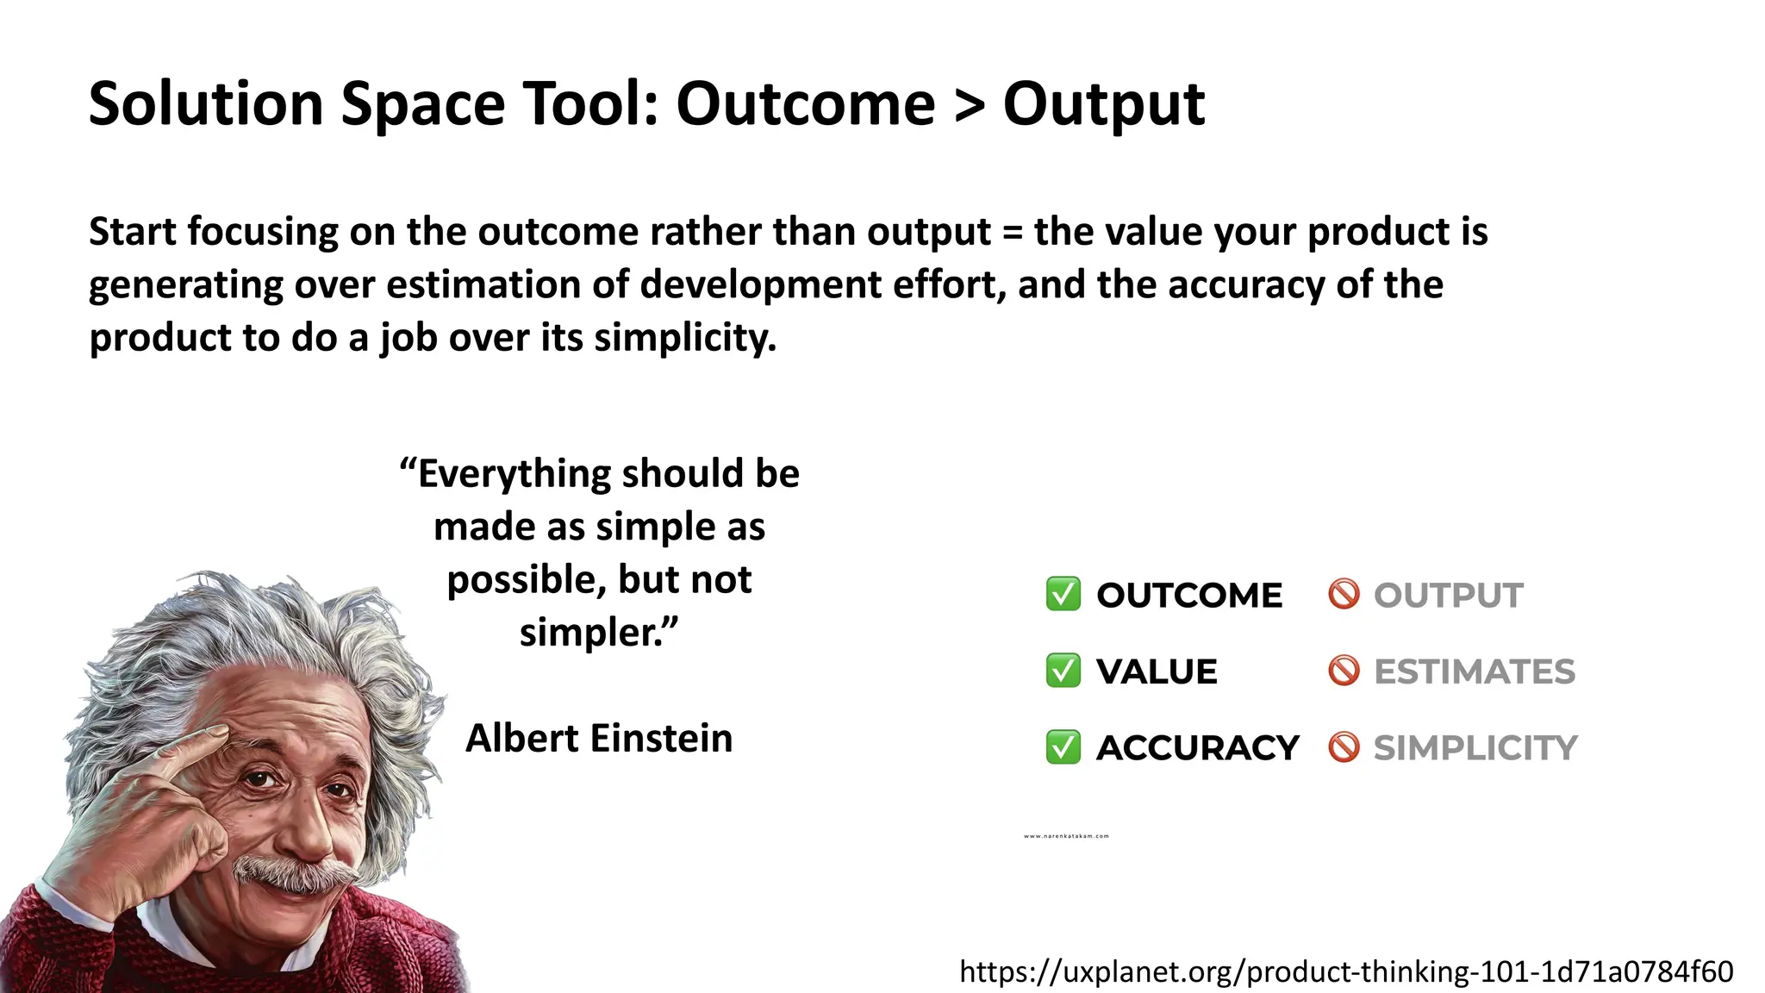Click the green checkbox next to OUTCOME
(1063, 595)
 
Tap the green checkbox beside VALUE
(1063, 671)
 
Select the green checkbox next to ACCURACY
(1063, 747)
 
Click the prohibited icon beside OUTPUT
(1344, 594)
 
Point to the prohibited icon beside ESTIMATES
(1344, 671)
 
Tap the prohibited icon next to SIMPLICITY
(1344, 747)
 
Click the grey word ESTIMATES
(1474, 671)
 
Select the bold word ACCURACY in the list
(1196, 748)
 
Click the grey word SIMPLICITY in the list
(1475, 748)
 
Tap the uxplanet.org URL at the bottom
(1345, 971)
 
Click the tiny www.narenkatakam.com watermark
(1066, 836)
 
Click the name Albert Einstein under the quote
(599, 739)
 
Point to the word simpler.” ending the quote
(599, 633)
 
